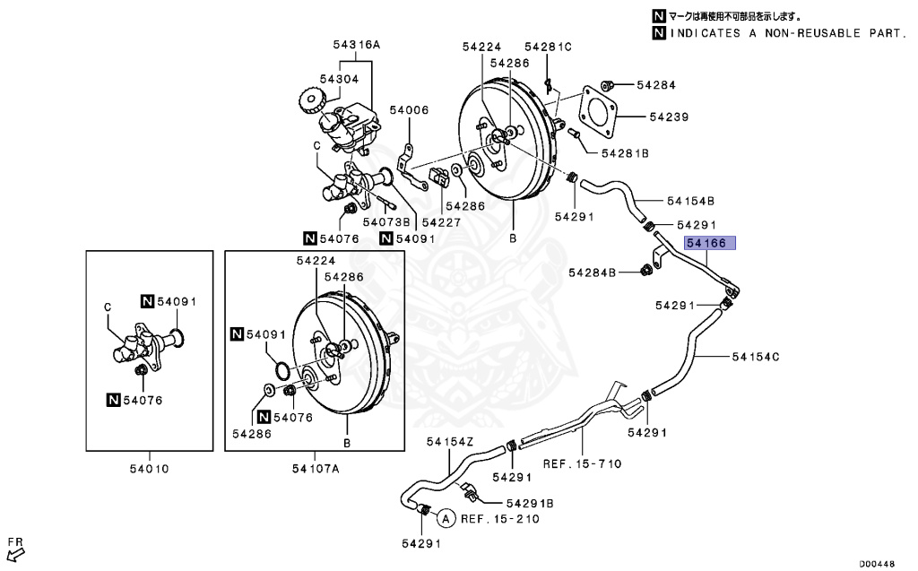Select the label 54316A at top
357,44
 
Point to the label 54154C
755,357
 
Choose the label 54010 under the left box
149,468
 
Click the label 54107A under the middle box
316,468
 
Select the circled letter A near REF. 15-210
446,517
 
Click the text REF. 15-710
582,463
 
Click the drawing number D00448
878,564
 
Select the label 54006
409,110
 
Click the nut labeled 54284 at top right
606,86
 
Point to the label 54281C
548,46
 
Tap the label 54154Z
449,441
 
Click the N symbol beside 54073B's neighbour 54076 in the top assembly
309,238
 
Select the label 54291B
529,503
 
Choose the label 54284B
592,272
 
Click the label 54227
441,221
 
